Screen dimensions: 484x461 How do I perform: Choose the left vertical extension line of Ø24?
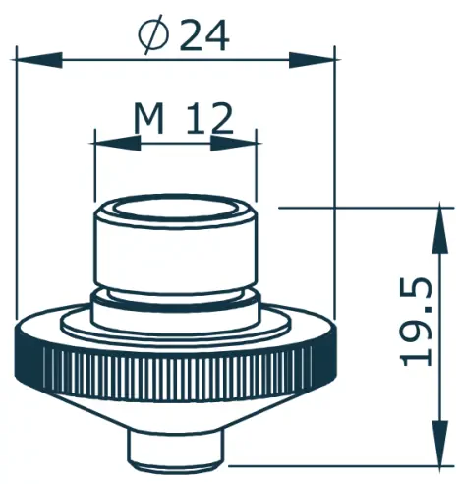point(17,197)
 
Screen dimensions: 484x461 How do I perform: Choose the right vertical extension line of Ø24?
point(335,197)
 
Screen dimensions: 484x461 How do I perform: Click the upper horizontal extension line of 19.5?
point(364,208)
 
